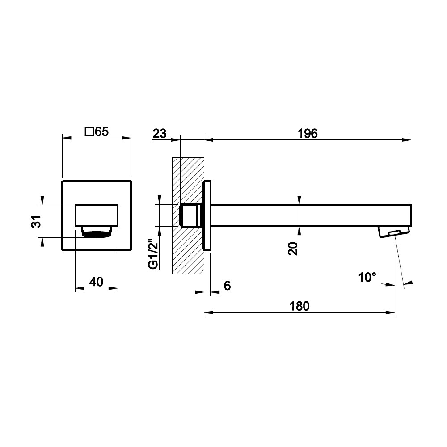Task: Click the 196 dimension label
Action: pos(308,133)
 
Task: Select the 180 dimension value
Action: pos(299,306)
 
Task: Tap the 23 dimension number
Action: pos(160,133)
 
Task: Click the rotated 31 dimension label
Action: pos(36,221)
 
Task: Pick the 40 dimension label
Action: pos(97,282)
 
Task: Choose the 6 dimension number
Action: pos(227,285)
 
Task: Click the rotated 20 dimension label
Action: pos(293,248)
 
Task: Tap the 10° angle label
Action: pos(367,277)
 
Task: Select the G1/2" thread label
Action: pos(153,254)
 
